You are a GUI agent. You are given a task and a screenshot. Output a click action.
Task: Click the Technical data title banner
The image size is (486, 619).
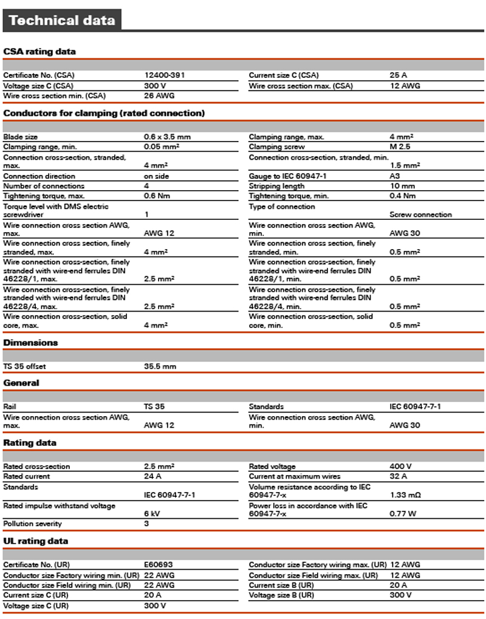(62, 20)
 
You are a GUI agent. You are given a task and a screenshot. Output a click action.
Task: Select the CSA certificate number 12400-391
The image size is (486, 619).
(164, 75)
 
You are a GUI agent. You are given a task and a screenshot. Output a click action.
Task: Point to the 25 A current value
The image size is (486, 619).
(398, 75)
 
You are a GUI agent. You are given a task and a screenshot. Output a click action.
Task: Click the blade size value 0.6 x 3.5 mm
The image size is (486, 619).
(167, 137)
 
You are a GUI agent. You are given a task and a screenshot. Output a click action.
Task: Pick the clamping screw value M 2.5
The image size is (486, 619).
(400, 146)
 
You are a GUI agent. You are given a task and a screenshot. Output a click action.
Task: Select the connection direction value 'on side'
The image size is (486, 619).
(156, 176)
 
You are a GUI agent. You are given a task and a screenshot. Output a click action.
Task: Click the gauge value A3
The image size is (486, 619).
(394, 176)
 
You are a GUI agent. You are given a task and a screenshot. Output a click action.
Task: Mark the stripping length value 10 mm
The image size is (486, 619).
(402, 186)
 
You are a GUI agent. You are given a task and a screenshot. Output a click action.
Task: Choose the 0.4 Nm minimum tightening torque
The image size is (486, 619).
(403, 196)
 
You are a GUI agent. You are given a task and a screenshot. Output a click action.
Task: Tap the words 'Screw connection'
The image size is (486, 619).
(420, 214)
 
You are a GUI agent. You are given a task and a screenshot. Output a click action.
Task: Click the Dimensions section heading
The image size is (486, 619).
(30, 343)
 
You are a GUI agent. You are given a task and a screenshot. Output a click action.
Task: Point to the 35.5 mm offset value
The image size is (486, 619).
(160, 366)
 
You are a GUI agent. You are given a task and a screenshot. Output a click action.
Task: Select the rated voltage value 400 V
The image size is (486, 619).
(400, 467)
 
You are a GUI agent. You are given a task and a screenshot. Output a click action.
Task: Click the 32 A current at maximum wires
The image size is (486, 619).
(398, 476)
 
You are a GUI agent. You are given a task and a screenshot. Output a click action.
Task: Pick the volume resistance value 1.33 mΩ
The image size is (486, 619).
(405, 495)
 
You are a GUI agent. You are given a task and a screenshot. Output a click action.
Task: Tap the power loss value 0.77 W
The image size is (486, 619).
(403, 513)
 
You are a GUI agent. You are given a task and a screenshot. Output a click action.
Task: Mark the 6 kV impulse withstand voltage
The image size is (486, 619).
(152, 513)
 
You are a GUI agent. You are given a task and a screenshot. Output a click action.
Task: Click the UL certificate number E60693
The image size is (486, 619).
(159, 564)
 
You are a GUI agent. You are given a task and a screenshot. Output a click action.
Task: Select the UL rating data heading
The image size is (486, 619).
(36, 541)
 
